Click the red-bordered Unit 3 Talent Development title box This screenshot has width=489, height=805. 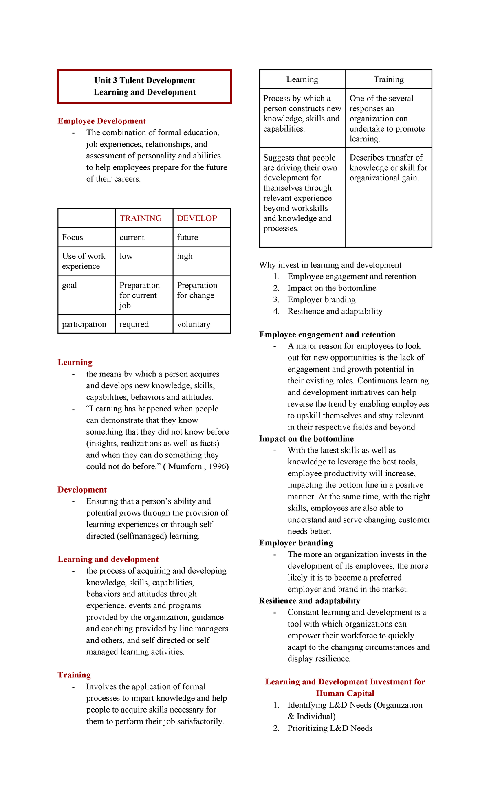click(x=145, y=86)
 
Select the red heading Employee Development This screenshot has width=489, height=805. click(x=101, y=121)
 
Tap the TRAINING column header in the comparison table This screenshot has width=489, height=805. click(x=141, y=218)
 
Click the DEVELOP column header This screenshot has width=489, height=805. click(x=197, y=218)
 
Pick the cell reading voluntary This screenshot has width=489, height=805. click(x=194, y=324)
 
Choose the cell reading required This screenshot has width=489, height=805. click(x=134, y=324)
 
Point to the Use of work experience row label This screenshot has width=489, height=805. click(x=84, y=261)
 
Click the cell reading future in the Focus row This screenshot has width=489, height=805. click(x=187, y=237)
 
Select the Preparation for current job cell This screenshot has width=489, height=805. click(x=139, y=295)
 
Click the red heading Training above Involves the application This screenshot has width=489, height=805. click(x=74, y=675)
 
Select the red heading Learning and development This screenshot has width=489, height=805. click(x=108, y=559)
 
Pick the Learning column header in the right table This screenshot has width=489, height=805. click(x=302, y=79)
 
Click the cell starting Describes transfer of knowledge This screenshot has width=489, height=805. click(x=388, y=168)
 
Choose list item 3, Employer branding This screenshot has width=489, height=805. click(x=321, y=300)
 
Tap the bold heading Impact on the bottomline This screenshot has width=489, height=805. click(x=306, y=439)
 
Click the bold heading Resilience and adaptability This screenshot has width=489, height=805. click(x=309, y=601)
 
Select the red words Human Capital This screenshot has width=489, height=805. click(x=345, y=693)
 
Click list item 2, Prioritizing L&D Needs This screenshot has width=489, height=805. click(x=330, y=728)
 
